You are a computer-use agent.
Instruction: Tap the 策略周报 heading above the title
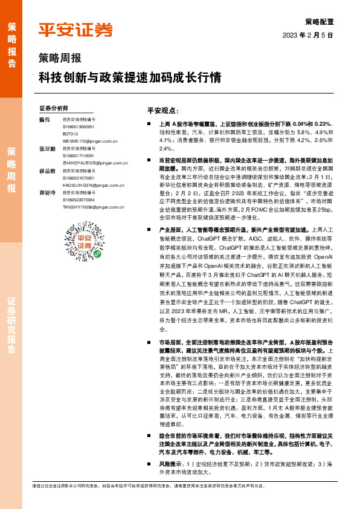click(60, 59)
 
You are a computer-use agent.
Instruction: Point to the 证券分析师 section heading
click(54, 108)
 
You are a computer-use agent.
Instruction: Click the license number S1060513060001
click(79, 127)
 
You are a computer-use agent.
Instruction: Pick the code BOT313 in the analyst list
click(70, 133)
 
